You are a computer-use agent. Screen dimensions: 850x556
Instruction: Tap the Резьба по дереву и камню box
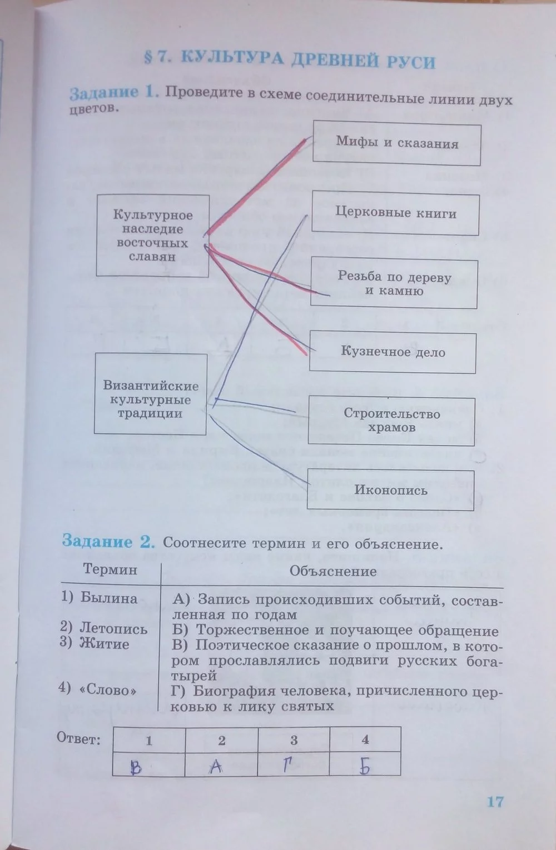click(394, 283)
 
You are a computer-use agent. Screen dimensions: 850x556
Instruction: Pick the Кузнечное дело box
click(393, 352)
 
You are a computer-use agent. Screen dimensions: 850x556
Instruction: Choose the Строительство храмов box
click(391, 421)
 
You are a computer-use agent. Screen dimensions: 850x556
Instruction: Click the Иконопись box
click(391, 490)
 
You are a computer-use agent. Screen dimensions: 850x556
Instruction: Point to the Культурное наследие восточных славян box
click(152, 236)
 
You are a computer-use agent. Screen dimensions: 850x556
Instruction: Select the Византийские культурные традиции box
click(151, 399)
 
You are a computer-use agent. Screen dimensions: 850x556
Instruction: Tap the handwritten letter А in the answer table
click(216, 767)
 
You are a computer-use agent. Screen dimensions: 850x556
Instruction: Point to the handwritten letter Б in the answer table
click(365, 767)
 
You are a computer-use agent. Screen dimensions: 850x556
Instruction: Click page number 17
click(494, 801)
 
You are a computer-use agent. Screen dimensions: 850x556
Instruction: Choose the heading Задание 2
click(108, 541)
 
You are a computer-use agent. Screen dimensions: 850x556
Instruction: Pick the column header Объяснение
click(333, 571)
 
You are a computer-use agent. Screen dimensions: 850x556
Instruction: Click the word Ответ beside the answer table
click(78, 739)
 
